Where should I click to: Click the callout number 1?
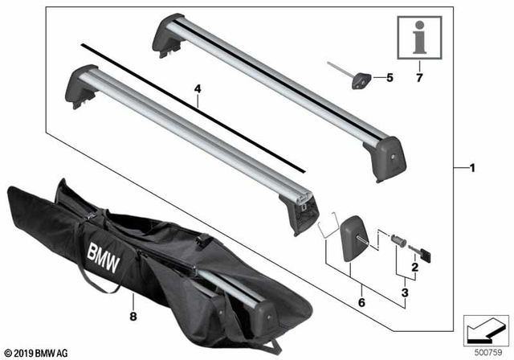tap(472, 168)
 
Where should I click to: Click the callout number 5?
tap(390, 78)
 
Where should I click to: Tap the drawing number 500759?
tap(488, 351)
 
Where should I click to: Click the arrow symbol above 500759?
tap(487, 329)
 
